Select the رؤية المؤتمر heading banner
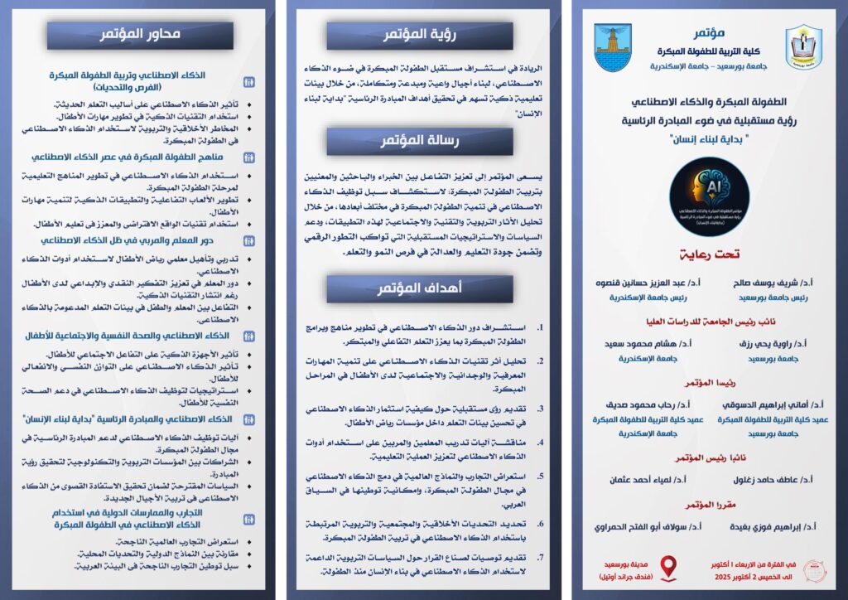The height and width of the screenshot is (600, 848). coord(414,35)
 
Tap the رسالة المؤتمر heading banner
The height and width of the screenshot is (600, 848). coord(414,142)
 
